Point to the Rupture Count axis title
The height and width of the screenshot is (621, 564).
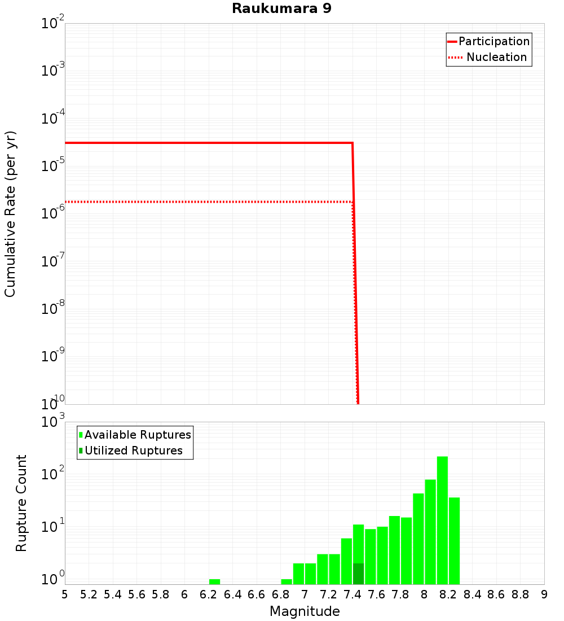21,503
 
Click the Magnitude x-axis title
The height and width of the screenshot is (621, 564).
305,611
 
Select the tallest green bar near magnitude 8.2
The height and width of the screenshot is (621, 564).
442,519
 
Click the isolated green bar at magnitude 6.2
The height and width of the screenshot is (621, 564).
214,581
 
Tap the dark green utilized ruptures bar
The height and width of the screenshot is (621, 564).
358,574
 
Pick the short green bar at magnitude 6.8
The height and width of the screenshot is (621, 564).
287,581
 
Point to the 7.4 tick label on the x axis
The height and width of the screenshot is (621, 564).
352,594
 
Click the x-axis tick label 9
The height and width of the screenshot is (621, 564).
544,594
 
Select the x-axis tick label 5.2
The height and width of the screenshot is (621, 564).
89,594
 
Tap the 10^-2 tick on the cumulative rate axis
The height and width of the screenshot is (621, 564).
52,24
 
